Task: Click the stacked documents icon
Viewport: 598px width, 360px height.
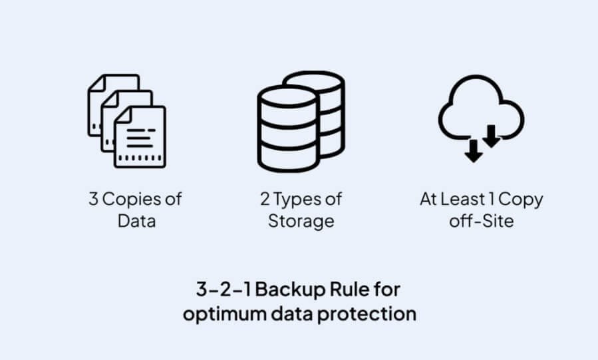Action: coord(127,120)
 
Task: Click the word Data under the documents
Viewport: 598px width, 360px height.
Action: coord(136,221)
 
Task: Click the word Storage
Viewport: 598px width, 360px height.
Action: coord(301,221)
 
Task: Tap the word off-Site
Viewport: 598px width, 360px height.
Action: coord(482,221)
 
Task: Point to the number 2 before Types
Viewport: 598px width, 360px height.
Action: coord(265,199)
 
